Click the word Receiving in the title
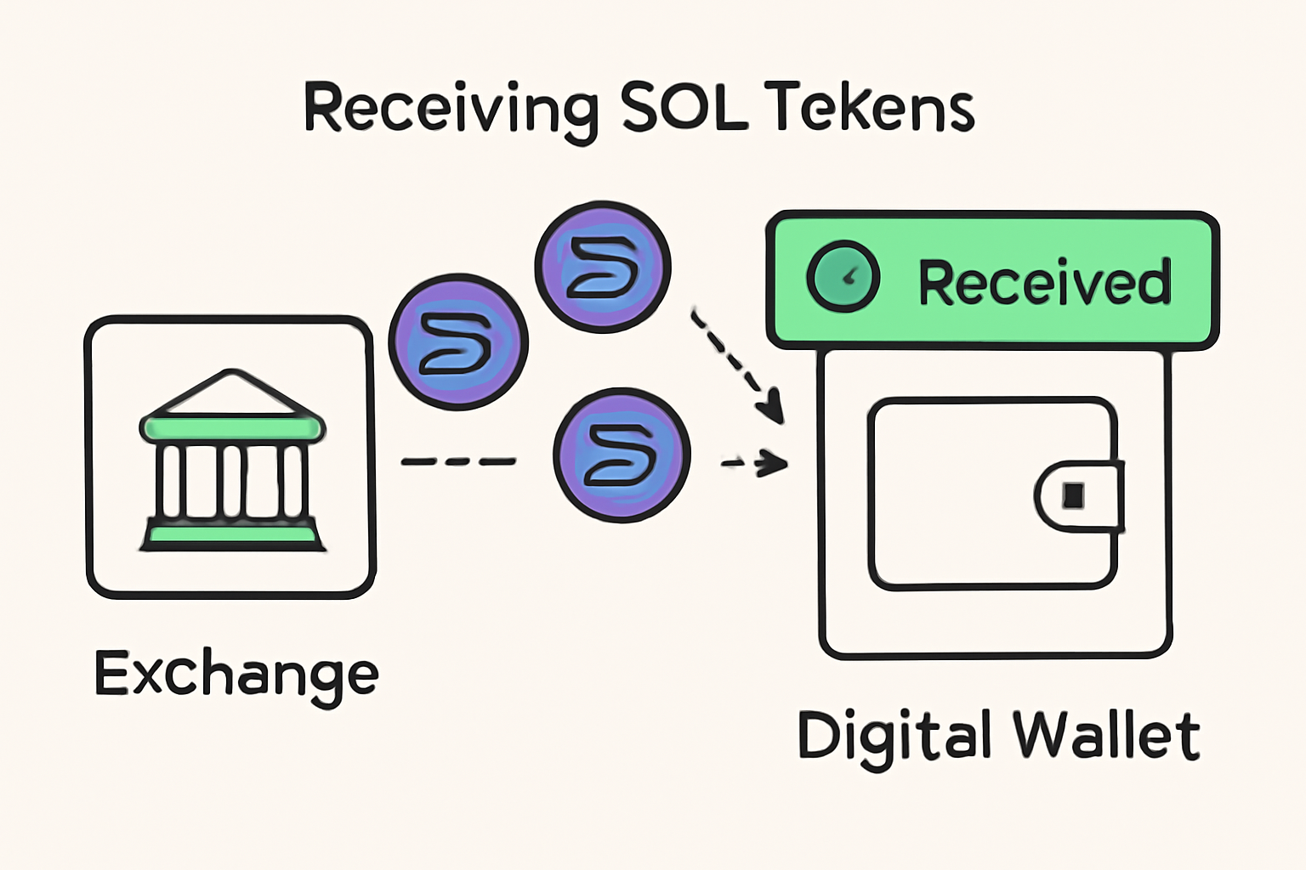pyautogui.click(x=450, y=109)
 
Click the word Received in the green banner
pyautogui.click(x=1045, y=282)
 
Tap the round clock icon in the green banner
pyautogui.click(x=842, y=276)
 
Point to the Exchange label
pyautogui.click(x=236, y=675)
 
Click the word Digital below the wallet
pyautogui.click(x=894, y=736)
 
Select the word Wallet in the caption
pyautogui.click(x=1106, y=736)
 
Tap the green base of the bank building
pyautogui.click(x=232, y=535)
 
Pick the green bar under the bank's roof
pyautogui.click(x=232, y=427)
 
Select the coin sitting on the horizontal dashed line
pyautogui.click(x=622, y=455)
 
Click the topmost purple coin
pyautogui.click(x=603, y=267)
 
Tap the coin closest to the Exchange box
pyautogui.click(x=458, y=341)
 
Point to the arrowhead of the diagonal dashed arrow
pyautogui.click(x=772, y=405)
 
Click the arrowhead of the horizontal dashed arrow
pyautogui.click(x=772, y=463)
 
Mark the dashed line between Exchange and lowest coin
pyautogui.click(x=458, y=461)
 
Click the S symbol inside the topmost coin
pyautogui.click(x=603, y=267)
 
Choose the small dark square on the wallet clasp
pyautogui.click(x=1074, y=495)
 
